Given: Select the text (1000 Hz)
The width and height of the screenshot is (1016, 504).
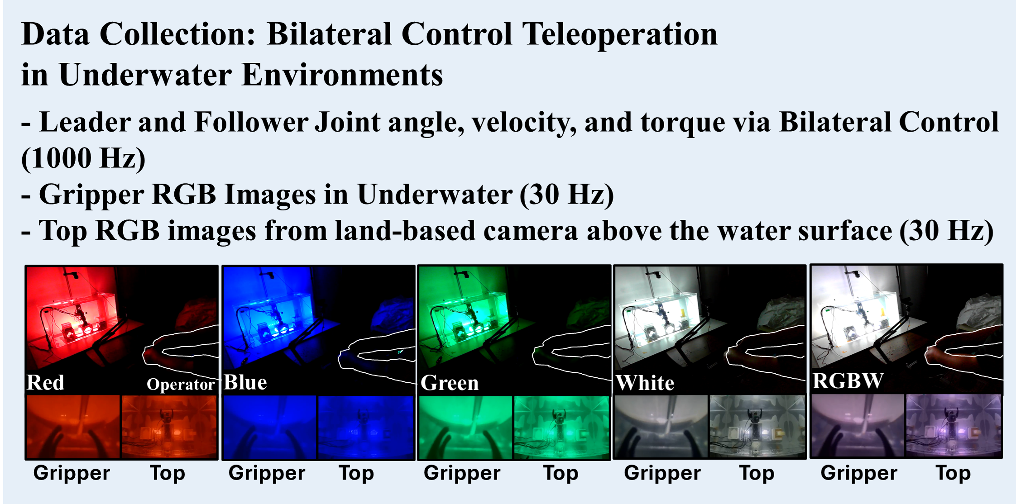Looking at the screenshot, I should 83,159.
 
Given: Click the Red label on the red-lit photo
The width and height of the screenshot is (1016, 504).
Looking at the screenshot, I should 45,383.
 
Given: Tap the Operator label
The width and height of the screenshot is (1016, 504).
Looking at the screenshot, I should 180,385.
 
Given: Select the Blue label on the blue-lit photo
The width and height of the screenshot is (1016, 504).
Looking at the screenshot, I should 245,383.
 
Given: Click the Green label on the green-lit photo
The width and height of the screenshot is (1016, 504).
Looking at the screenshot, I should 449,383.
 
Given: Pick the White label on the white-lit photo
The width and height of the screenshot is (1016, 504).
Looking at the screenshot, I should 645,383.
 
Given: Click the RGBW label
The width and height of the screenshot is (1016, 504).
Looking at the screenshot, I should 847,381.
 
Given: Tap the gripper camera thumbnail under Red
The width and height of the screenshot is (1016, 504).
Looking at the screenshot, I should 73,427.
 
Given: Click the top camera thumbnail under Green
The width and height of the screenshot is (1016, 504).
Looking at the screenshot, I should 561,427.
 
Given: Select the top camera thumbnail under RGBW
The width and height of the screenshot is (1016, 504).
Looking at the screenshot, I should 954,426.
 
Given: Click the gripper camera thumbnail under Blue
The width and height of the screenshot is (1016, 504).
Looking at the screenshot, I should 269,427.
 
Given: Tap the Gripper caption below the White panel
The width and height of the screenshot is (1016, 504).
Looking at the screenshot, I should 662,473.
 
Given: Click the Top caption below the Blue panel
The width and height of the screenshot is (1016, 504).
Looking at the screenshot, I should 356,473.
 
